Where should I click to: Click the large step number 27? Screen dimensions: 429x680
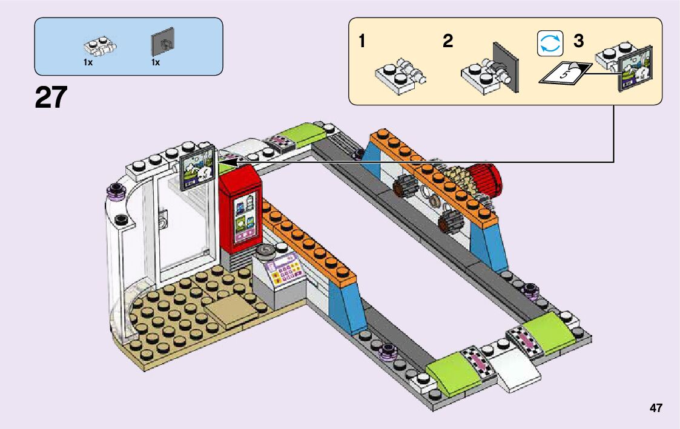[51, 97]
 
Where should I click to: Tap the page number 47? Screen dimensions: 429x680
[656, 408]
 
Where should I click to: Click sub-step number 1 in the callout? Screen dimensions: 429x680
[361, 42]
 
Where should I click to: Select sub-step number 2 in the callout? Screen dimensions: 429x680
[447, 42]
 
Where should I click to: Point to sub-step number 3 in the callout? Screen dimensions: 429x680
[578, 42]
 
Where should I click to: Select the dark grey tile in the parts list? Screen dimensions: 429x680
[162, 42]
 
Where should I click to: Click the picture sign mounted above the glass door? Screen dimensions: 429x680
[197, 167]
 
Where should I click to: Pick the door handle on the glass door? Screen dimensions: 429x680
[163, 218]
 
